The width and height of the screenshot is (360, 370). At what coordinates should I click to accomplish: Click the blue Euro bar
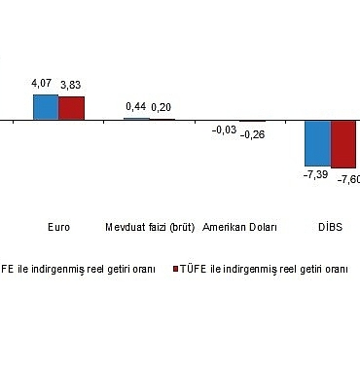46,106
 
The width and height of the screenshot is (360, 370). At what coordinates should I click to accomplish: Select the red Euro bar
71,107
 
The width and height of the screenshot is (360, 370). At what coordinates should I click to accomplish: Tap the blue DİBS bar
318,143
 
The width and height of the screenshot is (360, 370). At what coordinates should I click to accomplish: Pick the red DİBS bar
344,144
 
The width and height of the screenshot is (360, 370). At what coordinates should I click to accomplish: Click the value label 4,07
45,86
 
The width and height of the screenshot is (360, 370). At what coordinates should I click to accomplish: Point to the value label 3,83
71,86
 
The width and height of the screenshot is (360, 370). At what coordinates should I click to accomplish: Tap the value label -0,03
226,129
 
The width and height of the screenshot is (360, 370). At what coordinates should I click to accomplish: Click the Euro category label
58,228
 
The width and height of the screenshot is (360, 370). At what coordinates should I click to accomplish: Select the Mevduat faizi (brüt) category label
150,228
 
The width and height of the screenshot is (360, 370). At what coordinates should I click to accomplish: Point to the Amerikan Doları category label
239,228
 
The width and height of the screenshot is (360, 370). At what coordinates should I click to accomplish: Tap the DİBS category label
331,228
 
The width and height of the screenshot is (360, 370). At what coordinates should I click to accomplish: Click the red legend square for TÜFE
175,267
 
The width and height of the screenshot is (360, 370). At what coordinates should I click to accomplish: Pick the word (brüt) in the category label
182,228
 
